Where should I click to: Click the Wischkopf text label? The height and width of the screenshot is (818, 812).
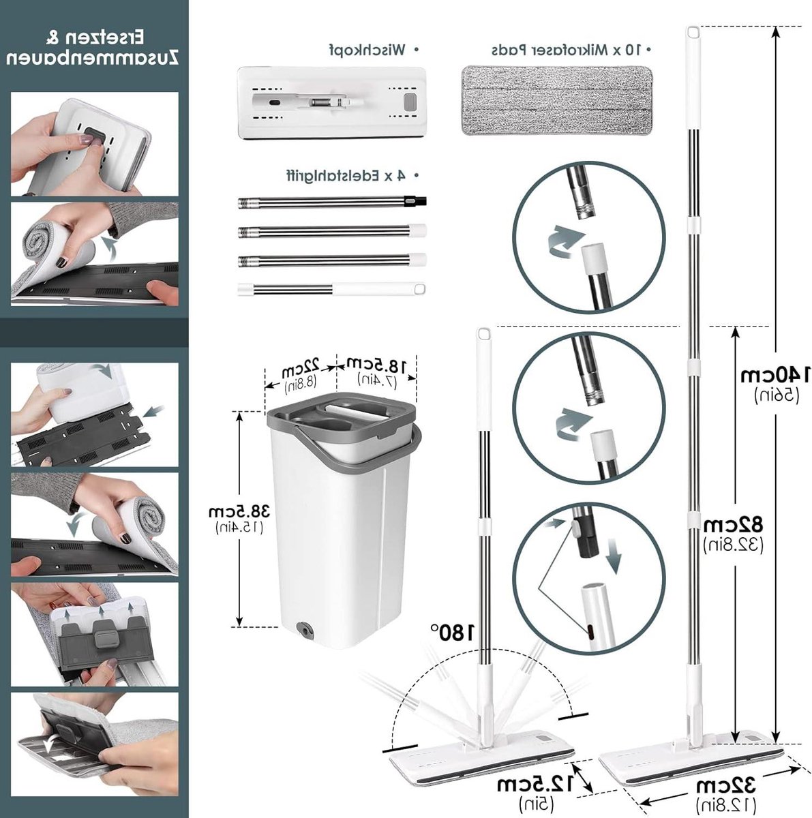(367, 50)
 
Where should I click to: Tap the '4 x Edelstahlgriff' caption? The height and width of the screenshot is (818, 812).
(348, 176)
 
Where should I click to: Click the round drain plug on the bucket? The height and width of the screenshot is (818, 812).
(303, 630)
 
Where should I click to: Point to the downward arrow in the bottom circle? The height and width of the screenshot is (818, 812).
(614, 556)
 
